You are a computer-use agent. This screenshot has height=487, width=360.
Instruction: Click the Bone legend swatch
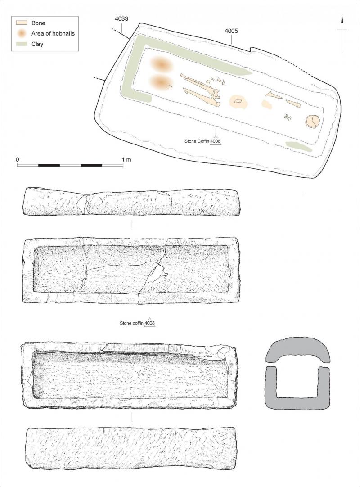tap(22, 23)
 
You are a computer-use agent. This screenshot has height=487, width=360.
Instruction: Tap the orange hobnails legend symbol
tap(22, 33)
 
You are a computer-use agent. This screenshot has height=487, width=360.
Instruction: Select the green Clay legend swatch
tap(22, 44)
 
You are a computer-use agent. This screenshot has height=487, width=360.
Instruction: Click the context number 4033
tap(121, 18)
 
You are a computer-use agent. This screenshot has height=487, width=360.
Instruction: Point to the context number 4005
tap(231, 31)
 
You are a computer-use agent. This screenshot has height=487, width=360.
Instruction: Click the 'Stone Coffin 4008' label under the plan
tap(202, 141)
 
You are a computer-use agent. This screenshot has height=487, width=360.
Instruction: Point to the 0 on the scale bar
tap(18, 159)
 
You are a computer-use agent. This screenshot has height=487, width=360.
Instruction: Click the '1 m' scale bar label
tap(126, 159)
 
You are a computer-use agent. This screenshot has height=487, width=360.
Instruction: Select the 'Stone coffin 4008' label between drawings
tap(137, 323)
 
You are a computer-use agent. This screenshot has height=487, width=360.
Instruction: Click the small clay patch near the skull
tap(298, 147)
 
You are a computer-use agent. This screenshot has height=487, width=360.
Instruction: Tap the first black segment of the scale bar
tap(49, 165)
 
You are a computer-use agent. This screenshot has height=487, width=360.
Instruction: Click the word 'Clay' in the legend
tap(37, 44)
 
